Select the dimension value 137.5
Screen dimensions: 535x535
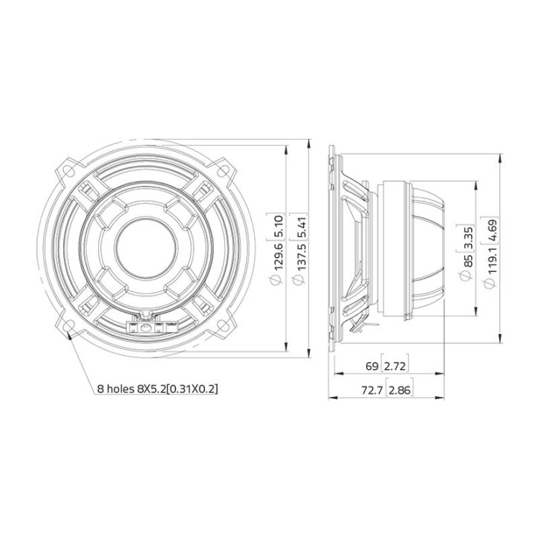(297, 262)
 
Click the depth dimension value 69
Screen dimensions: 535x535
(372, 366)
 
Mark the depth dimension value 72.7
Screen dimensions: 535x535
(367, 389)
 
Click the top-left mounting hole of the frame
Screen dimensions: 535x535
(69, 169)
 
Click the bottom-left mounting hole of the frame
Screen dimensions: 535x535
(69, 326)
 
